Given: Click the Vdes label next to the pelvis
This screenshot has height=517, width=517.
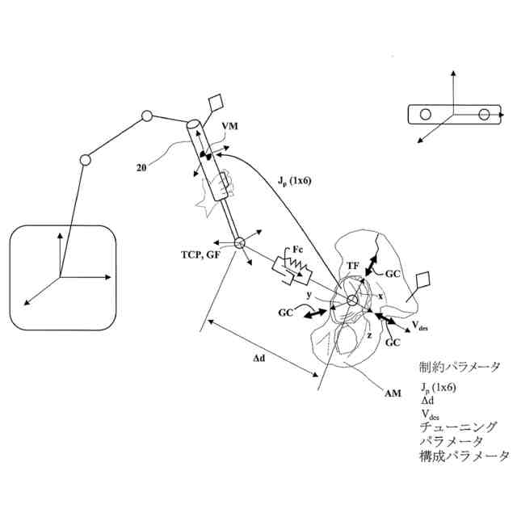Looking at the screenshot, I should (421, 326).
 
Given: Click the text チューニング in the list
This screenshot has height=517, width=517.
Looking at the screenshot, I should (459, 427).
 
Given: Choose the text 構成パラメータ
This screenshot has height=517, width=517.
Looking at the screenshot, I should (464, 456).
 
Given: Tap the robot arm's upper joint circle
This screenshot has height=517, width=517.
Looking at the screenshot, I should (147, 116).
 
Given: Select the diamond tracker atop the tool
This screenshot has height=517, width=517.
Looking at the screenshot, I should (217, 104).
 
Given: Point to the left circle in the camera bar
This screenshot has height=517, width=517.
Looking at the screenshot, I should (425, 115).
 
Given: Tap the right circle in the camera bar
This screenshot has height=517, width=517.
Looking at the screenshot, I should (484, 115).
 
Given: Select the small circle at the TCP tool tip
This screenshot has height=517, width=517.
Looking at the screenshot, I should (239, 243).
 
